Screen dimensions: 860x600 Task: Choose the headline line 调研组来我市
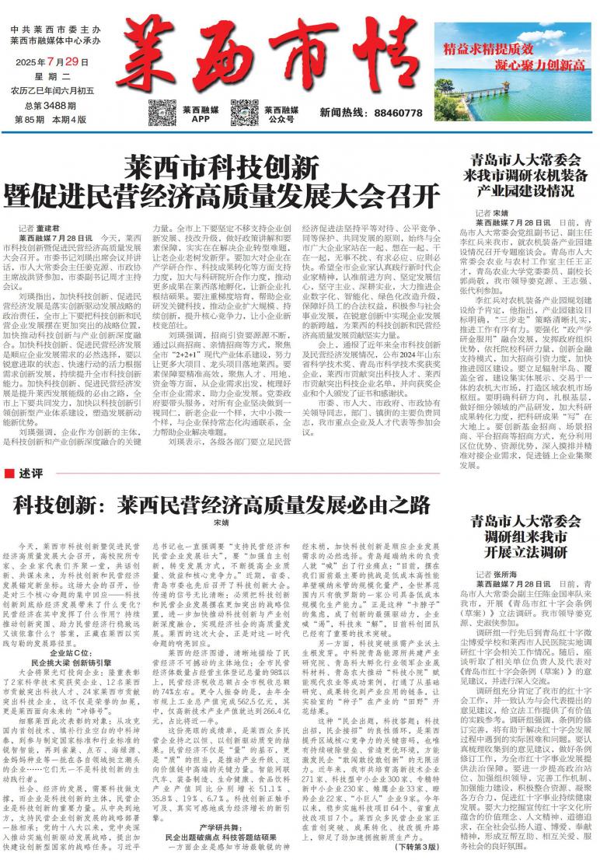(522, 536)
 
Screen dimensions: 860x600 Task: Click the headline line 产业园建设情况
(522, 191)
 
